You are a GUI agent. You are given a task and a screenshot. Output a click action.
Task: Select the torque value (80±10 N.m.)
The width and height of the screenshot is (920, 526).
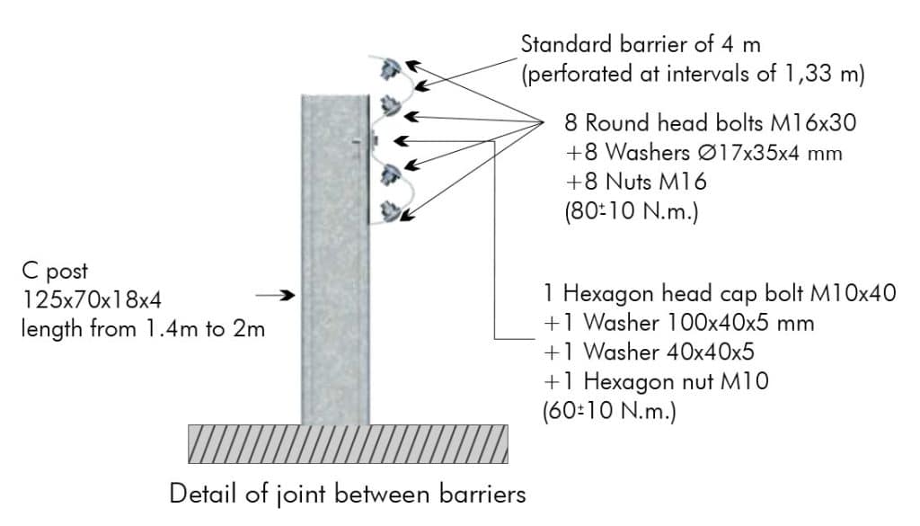pyautogui.click(x=632, y=210)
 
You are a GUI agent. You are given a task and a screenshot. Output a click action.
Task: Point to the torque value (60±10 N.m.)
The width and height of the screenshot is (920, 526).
pyautogui.click(x=610, y=410)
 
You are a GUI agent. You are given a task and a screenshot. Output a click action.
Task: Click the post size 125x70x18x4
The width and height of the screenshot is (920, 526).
pyautogui.click(x=92, y=299)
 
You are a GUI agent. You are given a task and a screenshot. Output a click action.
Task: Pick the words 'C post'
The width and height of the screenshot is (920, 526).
pyautogui.click(x=55, y=272)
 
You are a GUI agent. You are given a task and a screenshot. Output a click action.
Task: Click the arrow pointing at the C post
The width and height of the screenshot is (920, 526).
pyautogui.click(x=275, y=295)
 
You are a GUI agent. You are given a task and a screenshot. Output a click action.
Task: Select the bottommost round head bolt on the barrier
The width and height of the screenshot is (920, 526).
pyautogui.click(x=391, y=211)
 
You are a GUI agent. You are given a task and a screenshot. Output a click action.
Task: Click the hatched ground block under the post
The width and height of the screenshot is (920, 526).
pyautogui.click(x=348, y=444)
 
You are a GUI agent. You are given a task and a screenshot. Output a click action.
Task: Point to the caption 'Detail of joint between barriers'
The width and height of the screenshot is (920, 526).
pyautogui.click(x=348, y=495)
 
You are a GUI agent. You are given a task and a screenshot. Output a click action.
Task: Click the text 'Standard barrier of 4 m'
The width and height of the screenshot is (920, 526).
pyautogui.click(x=641, y=45)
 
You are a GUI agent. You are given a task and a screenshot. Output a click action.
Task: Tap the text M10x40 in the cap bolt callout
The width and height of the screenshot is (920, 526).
pyautogui.click(x=854, y=293)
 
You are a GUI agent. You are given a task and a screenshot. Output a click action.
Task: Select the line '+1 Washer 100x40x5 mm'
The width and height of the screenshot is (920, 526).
pyautogui.click(x=679, y=322)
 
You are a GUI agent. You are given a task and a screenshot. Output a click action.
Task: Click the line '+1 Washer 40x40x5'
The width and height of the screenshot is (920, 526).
pyautogui.click(x=649, y=352)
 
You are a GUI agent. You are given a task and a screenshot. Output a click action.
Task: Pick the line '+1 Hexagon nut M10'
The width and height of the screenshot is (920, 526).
pyautogui.click(x=656, y=381)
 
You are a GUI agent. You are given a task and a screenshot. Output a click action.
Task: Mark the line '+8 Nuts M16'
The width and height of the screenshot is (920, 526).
pyautogui.click(x=636, y=182)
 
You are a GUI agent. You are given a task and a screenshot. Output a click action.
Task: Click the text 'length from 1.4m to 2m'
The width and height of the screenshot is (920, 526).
pyautogui.click(x=143, y=329)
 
